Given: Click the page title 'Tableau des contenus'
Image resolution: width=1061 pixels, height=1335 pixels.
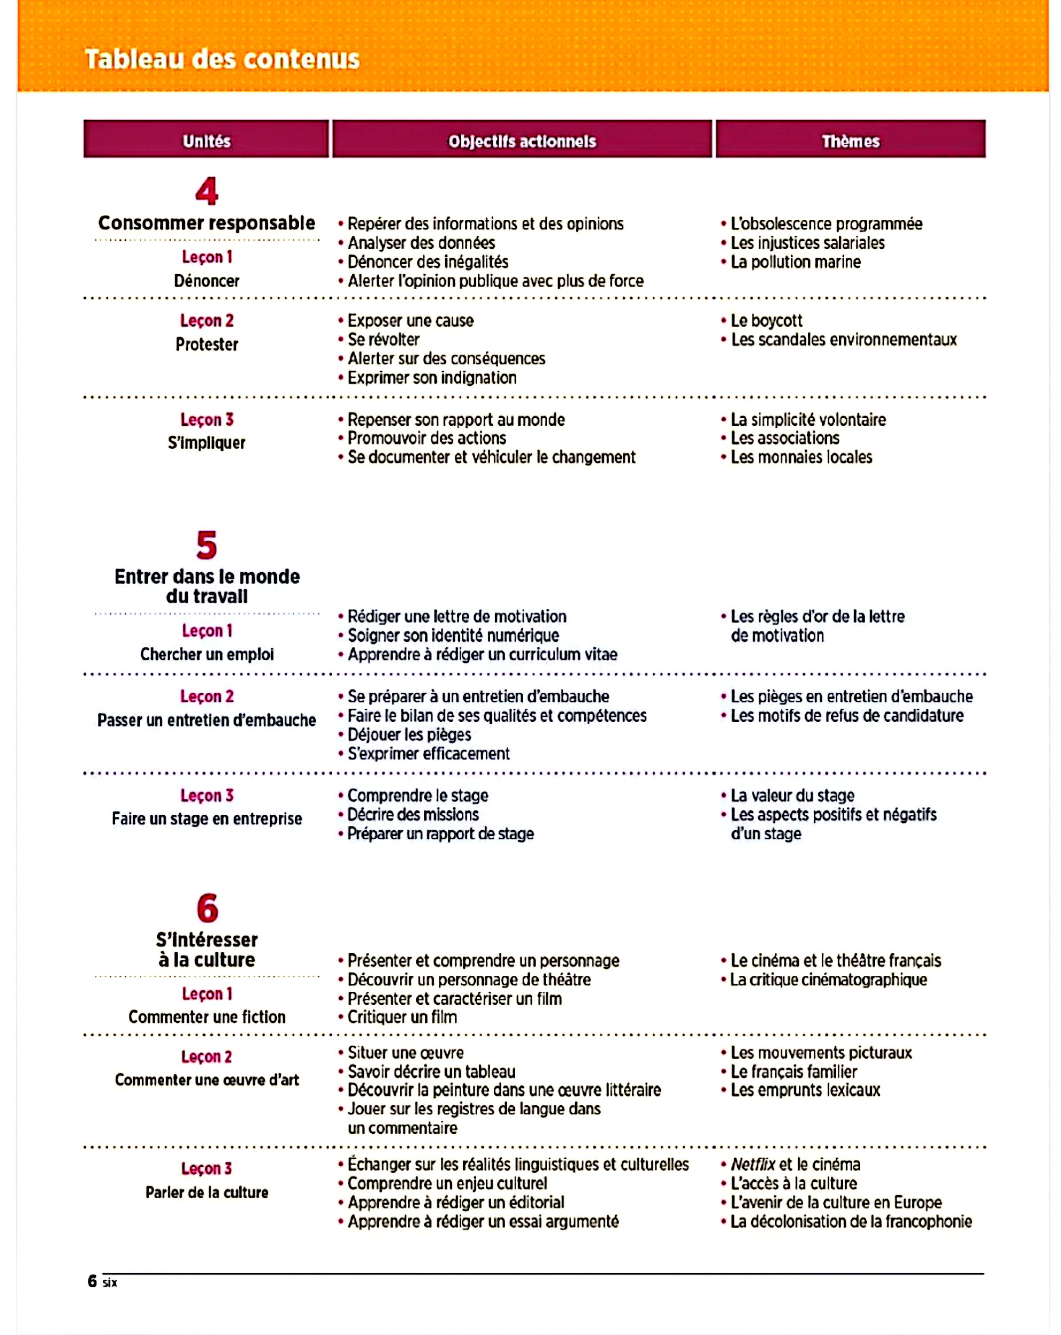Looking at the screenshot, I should pyautogui.click(x=222, y=60).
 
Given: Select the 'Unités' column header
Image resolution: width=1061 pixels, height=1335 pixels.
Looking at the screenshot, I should pyautogui.click(x=206, y=141).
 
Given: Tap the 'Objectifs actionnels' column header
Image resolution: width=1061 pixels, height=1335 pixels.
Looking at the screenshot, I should pyautogui.click(x=522, y=141).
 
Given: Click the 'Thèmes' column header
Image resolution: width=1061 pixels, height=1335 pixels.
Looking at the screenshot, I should pyautogui.click(x=850, y=141).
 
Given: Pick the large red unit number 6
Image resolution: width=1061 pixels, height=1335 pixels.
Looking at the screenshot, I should pyautogui.click(x=207, y=908).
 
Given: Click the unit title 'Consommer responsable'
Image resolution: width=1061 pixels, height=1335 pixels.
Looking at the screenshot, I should pyautogui.click(x=207, y=223).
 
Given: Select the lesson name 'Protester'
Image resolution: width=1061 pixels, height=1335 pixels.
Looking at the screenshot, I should pyautogui.click(x=207, y=344).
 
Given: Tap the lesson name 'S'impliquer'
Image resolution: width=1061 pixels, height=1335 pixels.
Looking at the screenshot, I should pyautogui.click(x=207, y=443).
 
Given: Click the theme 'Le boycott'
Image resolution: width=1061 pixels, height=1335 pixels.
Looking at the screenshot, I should pyautogui.click(x=766, y=321).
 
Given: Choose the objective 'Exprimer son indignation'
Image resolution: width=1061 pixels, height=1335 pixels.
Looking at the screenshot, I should pyautogui.click(x=432, y=378).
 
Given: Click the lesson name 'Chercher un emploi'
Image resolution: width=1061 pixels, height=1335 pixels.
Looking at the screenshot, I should pyautogui.click(x=207, y=655).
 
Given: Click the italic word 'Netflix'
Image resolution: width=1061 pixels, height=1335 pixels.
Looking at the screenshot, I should pyautogui.click(x=752, y=1165).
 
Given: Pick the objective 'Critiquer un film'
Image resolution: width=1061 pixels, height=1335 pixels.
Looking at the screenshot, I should pyautogui.click(x=402, y=1017).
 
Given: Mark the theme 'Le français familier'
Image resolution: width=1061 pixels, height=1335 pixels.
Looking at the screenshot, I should pyautogui.click(x=793, y=1072).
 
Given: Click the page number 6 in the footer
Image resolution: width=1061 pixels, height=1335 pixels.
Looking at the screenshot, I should pyautogui.click(x=92, y=1281).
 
